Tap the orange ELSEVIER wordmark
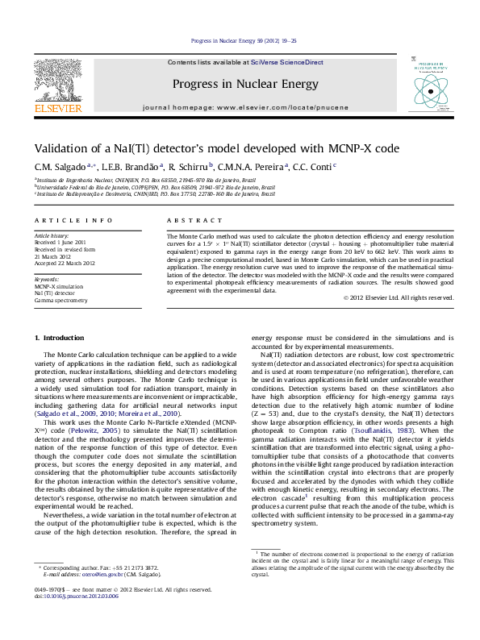57,109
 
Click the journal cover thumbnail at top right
428,84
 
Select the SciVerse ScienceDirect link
286,62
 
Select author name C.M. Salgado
55,167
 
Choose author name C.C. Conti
317,167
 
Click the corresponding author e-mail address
101,597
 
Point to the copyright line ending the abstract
398,297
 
